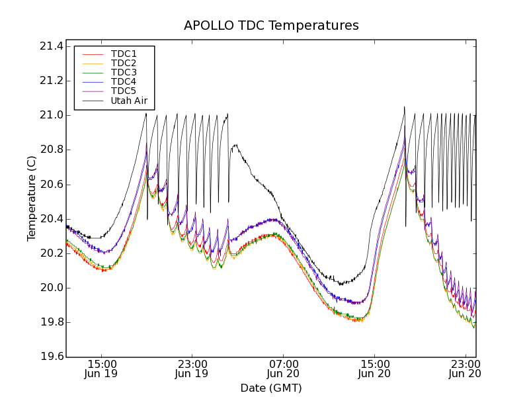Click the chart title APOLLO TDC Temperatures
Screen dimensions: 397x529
(271, 26)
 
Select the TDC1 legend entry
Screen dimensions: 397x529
(124, 54)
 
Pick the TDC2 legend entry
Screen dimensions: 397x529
(124, 63)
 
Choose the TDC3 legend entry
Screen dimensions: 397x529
(124, 72)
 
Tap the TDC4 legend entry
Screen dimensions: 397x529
(124, 81)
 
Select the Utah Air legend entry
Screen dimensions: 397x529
(128, 101)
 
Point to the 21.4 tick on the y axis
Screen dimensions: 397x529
(51, 46)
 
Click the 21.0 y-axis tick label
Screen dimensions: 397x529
(51, 115)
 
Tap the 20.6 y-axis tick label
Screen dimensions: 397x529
(51, 185)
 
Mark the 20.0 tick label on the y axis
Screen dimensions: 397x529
(51, 288)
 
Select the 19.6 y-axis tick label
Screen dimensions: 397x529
(51, 357)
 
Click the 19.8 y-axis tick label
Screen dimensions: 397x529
(51, 323)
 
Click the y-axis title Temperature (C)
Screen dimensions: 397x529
(32, 198)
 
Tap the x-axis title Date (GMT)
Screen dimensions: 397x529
(271, 388)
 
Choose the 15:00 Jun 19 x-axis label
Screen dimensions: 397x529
(101, 369)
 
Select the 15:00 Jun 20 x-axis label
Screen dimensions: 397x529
(374, 369)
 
